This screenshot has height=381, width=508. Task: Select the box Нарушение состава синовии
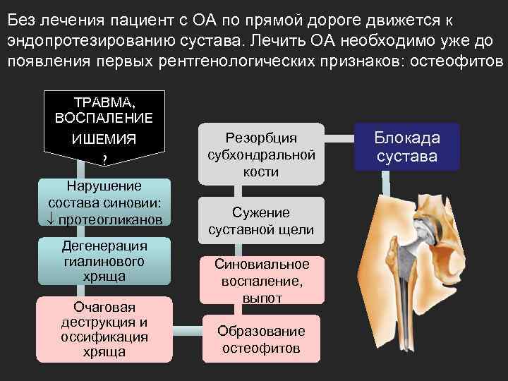(x=104, y=202)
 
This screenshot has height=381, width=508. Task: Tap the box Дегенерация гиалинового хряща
(x=104, y=261)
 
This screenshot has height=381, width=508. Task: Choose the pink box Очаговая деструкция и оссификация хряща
(x=104, y=328)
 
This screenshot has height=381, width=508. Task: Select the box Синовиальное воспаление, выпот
(x=261, y=281)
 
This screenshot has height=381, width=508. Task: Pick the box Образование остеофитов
(x=261, y=339)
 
